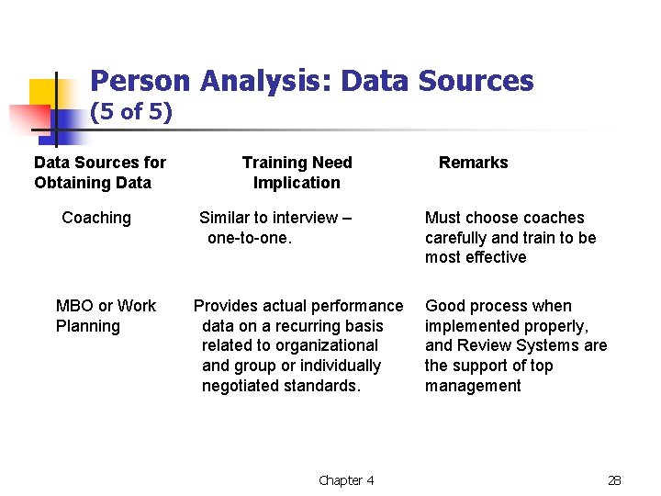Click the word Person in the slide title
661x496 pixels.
[140, 81]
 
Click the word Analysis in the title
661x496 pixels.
[265, 81]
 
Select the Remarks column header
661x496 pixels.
[473, 163]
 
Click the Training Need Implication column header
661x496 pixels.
[297, 173]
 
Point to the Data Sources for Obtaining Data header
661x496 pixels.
[100, 173]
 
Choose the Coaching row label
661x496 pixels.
[96, 218]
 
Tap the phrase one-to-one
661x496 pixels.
[250, 237]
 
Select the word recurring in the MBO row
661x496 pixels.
[300, 326]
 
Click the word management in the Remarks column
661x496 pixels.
[473, 386]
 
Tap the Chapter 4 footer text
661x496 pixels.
[346, 480]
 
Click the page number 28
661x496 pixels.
[615, 480]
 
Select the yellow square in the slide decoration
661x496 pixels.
[43, 93]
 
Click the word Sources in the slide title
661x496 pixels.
[476, 81]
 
